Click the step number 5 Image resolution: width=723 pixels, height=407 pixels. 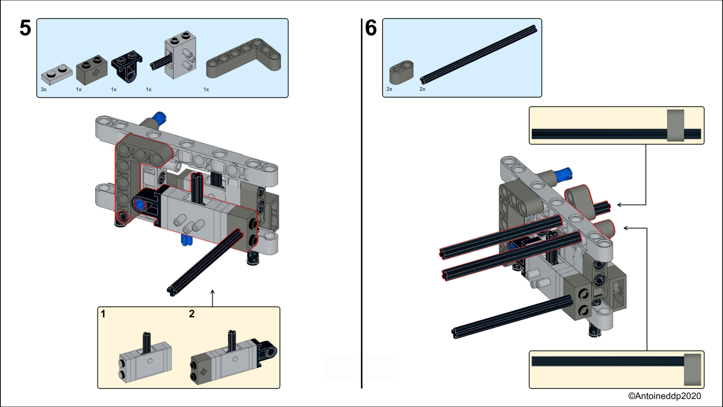tap(25, 28)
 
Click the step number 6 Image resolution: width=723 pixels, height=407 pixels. tap(371, 28)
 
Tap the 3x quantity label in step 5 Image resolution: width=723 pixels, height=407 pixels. tap(44, 90)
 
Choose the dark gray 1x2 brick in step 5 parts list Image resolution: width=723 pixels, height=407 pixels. tap(92, 69)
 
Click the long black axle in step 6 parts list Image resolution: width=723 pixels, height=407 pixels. tap(478, 54)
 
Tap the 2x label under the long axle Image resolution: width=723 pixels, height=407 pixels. tap(423, 89)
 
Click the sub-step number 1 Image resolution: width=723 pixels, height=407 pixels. tap(103, 314)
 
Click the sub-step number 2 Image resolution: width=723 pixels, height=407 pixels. tap(192, 314)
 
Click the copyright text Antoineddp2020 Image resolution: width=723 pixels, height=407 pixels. tap(664, 396)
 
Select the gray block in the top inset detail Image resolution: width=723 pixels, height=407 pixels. tap(675, 125)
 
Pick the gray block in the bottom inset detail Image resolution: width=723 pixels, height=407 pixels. tap(692, 369)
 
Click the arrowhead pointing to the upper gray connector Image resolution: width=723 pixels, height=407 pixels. tap(620, 205)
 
